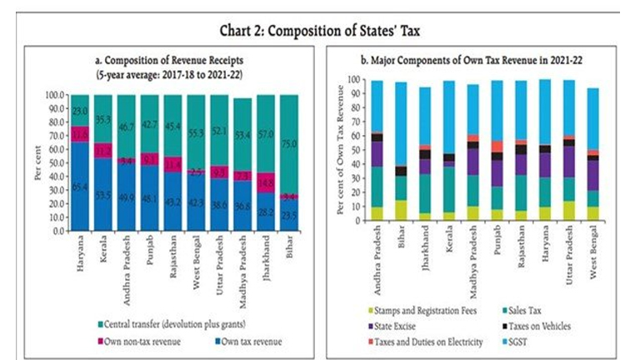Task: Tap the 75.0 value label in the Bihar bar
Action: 289,142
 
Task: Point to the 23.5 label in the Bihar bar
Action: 289,214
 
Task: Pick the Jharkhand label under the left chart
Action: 266,257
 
